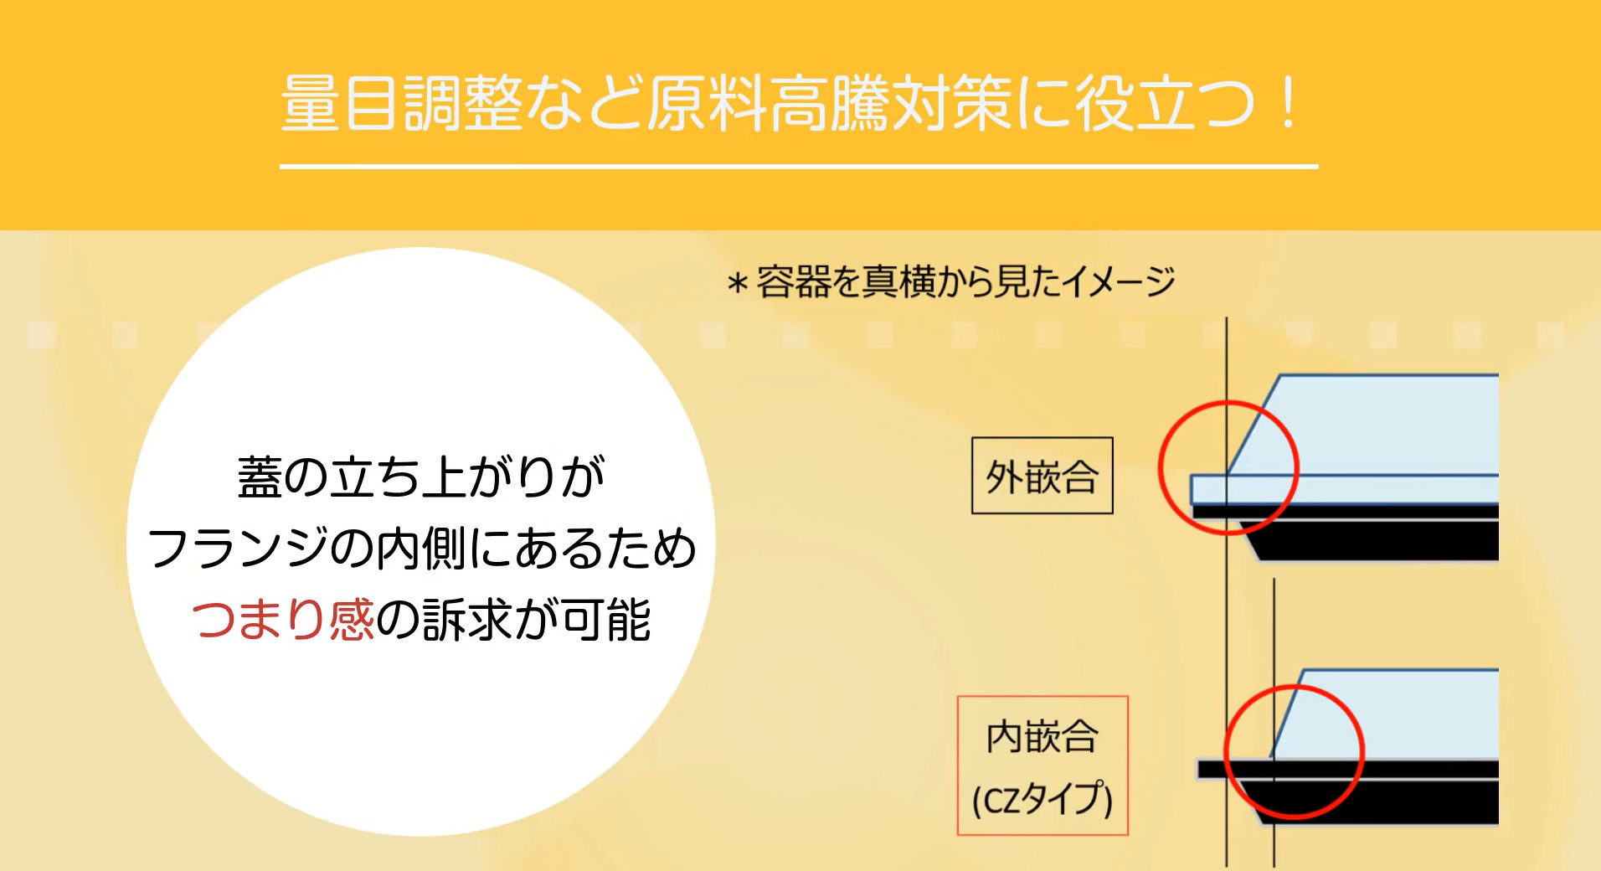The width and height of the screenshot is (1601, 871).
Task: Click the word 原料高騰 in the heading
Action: pos(768,104)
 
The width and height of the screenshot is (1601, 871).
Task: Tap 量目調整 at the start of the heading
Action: pos(402,104)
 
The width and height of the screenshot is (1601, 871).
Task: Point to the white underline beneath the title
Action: pos(799,167)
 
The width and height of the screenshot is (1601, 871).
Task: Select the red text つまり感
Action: pos(283,620)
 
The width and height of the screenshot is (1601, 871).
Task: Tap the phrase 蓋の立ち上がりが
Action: pos(421,477)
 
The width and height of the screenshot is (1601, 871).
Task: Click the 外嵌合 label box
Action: pos(1042,476)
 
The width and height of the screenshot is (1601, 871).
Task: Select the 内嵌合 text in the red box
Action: pos(1042,737)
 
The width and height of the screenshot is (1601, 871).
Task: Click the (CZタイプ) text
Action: pos(1042,798)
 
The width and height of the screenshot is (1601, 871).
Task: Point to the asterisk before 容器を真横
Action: pos(737,284)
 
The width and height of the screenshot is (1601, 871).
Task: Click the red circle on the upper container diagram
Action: pos(1160,467)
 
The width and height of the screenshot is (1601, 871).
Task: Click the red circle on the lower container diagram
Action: pos(1225,751)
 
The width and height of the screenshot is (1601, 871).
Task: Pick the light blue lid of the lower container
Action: pos(1390,716)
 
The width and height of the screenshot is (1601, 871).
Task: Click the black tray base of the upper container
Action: pos(1373,536)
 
